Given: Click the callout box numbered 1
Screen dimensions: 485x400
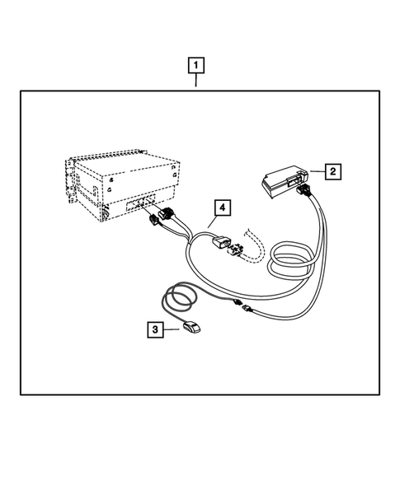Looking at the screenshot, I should coord(196,63).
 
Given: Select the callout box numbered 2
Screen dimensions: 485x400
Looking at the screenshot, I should coord(332,171).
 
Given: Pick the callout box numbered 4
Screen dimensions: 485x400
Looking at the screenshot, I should coord(220,208).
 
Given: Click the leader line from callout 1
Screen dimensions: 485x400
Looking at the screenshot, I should coord(196,81).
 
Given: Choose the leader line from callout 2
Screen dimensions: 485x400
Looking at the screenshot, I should coord(316,172).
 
